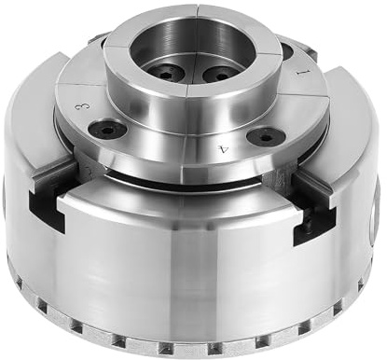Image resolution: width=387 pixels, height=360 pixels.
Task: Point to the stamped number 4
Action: click(x=221, y=146)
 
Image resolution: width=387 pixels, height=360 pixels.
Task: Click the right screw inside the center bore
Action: click(x=220, y=73)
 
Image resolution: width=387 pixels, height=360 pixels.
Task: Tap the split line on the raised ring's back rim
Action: click(x=198, y=11)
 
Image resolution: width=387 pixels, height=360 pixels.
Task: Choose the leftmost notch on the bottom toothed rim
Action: click(x=21, y=280)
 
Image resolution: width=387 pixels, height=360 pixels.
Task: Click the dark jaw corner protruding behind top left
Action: click(x=97, y=40)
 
